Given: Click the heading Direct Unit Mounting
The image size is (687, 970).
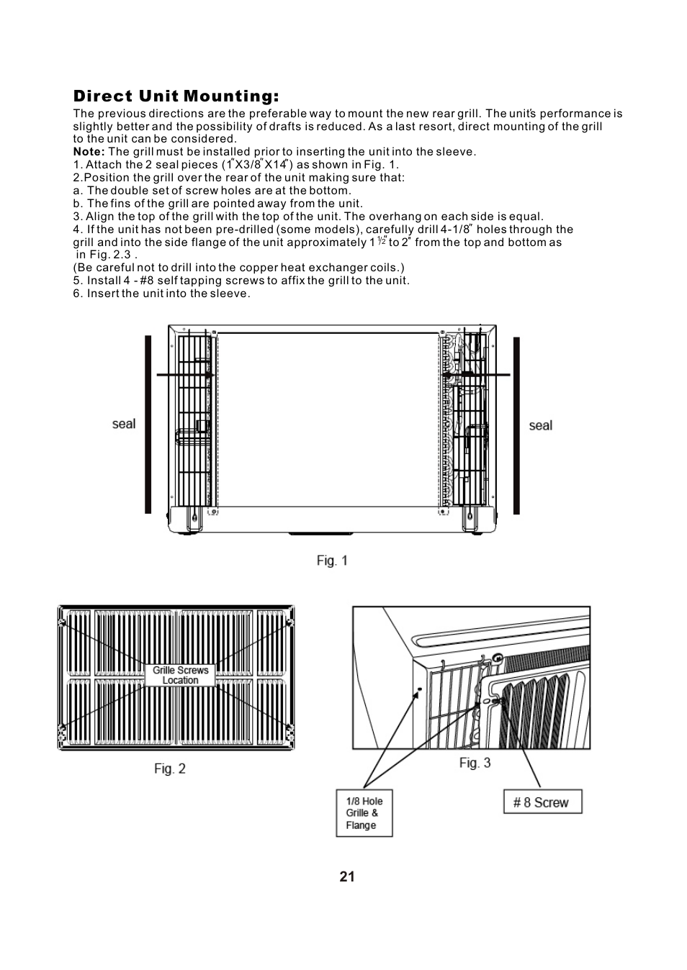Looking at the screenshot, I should tap(176, 96).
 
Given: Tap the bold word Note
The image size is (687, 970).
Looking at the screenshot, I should tap(89, 152).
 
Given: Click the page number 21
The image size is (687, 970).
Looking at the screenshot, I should tap(347, 876).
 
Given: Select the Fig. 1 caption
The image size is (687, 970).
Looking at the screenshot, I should tap(332, 561).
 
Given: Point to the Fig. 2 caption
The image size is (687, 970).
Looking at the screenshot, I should tap(170, 769).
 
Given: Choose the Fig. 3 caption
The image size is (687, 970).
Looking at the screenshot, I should tap(475, 763).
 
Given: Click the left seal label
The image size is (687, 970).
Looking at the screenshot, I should tap(124, 424).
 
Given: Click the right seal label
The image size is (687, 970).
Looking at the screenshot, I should tap(540, 425).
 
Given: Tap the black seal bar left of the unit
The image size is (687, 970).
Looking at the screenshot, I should tap(148, 425).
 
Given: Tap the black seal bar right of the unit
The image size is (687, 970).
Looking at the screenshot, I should tap(516, 426).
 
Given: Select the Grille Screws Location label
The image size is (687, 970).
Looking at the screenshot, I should tap(180, 675).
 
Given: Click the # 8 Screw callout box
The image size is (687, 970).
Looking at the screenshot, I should tap(542, 802).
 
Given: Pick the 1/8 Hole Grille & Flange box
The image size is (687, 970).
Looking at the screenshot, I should tap(364, 813).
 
